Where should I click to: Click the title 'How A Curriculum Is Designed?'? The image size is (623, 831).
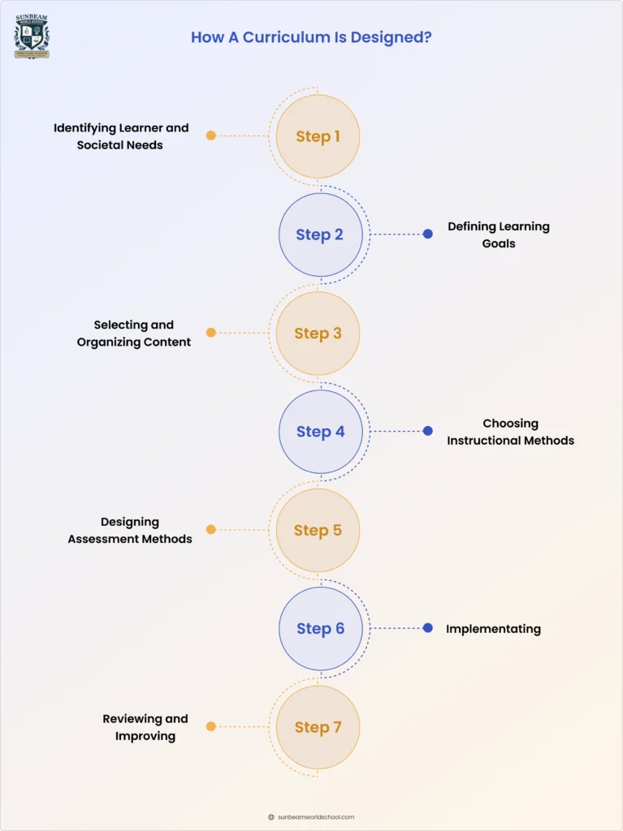point(311,37)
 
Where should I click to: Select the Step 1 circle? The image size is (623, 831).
point(318,136)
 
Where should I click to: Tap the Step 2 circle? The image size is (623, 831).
point(320,235)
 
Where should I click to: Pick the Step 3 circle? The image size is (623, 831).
point(318,334)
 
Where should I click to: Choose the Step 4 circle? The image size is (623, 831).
point(320,432)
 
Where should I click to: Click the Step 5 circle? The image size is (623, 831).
point(318,530)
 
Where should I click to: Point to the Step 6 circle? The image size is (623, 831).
point(320,629)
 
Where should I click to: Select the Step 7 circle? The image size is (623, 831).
point(318,727)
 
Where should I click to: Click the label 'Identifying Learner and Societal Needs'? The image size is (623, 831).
point(121,136)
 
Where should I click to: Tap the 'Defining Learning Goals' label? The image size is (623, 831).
point(499,235)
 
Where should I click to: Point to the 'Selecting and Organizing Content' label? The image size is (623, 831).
point(134,334)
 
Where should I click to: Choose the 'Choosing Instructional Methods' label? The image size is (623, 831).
point(510,432)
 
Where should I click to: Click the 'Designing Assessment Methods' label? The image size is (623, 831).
point(130,530)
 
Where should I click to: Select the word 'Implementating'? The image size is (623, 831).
point(493,629)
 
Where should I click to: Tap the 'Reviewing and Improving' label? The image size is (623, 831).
point(145,727)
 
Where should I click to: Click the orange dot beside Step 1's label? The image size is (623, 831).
point(211,136)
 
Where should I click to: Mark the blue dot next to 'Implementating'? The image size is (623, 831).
point(428,627)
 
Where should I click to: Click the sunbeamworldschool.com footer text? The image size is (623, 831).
point(317,817)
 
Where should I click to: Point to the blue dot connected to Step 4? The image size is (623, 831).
point(428,431)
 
